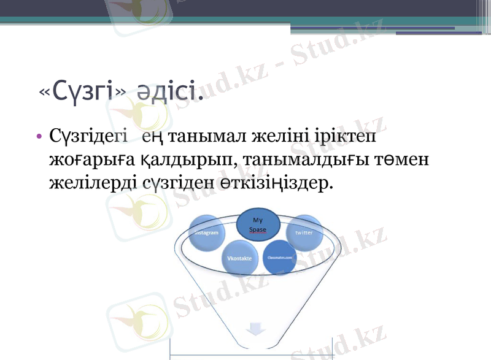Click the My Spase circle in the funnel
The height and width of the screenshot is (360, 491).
258,224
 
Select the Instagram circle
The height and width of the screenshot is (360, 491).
206,234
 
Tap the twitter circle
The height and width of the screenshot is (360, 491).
304,233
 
